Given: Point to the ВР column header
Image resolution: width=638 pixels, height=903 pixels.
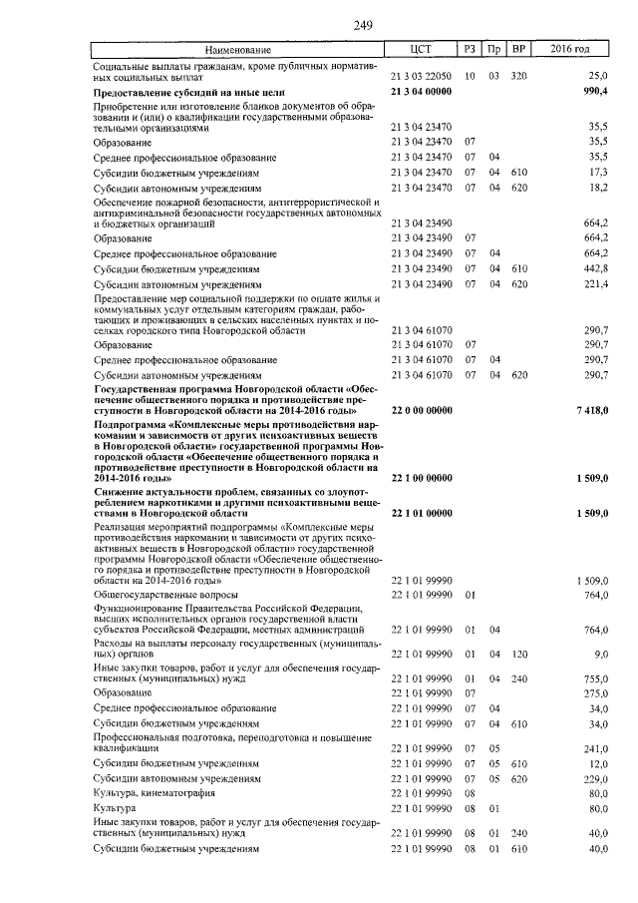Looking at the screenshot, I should (x=518, y=50).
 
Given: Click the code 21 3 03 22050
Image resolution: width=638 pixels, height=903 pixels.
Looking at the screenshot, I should (x=422, y=76).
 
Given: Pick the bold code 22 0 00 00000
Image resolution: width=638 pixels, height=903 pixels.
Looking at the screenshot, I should (x=423, y=410).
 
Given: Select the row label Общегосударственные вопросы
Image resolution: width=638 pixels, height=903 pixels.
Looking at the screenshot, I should (x=156, y=595).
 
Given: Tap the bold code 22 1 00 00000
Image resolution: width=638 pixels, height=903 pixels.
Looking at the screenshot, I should (x=423, y=479).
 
